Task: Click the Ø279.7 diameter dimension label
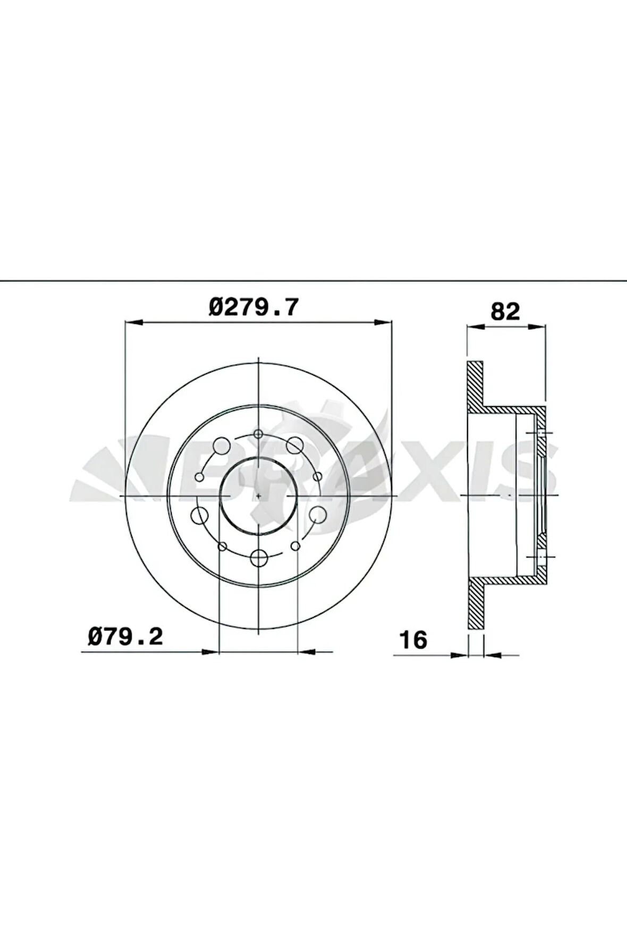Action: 254,308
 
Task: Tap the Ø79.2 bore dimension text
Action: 125,636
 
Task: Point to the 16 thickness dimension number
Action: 413,640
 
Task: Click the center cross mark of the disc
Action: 258,495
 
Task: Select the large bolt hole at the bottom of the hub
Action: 259,558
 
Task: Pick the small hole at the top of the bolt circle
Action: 258,434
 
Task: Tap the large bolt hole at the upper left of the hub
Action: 222,446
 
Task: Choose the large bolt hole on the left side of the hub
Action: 199,515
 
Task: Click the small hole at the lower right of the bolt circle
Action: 296,546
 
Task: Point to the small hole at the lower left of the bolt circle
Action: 223,546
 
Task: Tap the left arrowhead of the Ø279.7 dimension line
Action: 133,322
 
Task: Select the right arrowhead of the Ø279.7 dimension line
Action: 384,322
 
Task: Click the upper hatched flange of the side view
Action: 476,383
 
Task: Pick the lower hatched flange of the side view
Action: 476,606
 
